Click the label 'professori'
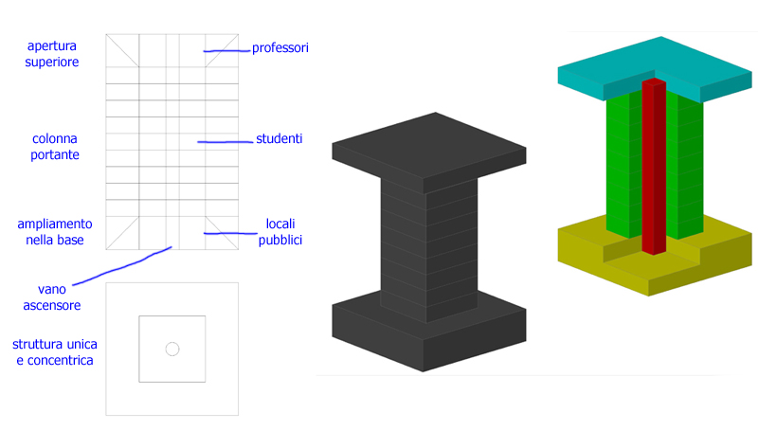click(x=280, y=47)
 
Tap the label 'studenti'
click(x=279, y=139)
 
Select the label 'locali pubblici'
click(x=280, y=232)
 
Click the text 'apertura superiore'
click(x=53, y=54)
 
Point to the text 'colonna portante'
click(x=53, y=146)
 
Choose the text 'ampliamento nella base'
click(x=55, y=232)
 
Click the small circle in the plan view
click(x=172, y=349)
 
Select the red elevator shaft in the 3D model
click(x=653, y=171)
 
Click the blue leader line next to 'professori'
click(x=226, y=49)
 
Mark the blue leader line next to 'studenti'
click(x=224, y=142)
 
